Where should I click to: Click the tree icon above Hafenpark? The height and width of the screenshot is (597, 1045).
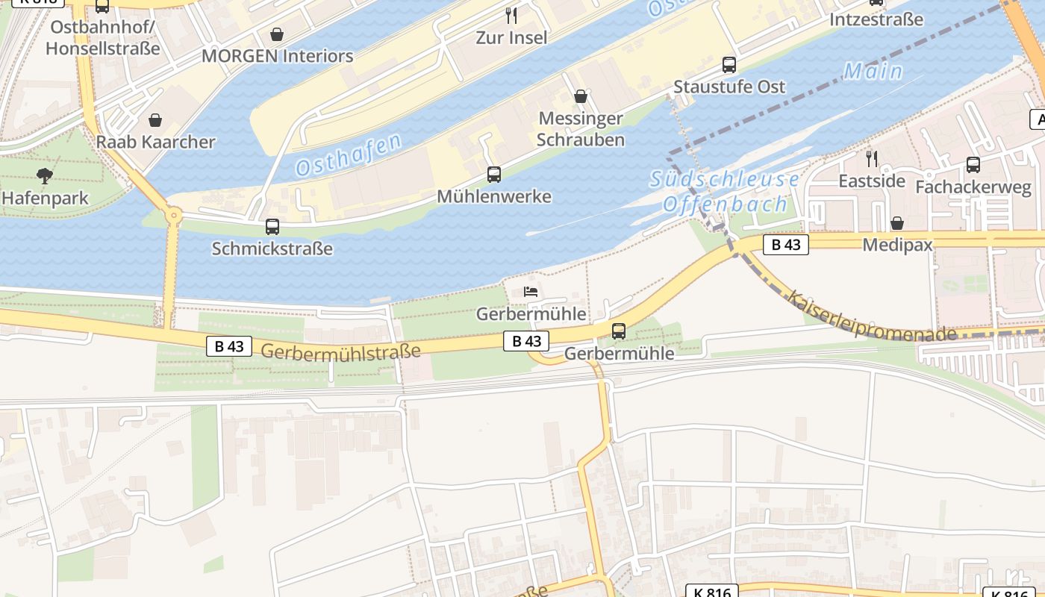point(44,176)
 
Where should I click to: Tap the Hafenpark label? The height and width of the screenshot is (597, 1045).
point(45,199)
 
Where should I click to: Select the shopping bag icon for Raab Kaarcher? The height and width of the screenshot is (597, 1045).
point(155,120)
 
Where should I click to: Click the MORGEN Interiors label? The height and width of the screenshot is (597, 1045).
point(277,56)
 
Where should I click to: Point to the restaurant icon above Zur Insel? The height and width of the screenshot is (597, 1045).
point(511,16)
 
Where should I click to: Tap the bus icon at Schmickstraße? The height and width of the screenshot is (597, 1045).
point(272,227)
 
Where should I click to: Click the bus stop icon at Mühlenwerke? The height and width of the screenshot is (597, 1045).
point(494,175)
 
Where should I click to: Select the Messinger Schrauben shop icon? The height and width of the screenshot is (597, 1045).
point(581,96)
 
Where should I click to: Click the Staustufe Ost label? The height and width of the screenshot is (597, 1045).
point(729,87)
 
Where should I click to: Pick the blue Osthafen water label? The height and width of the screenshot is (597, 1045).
point(349,154)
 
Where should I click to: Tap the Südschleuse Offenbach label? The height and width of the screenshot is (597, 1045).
point(724,192)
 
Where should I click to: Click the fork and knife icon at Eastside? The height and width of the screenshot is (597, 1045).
point(871,158)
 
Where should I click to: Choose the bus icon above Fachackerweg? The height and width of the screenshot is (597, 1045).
point(973,165)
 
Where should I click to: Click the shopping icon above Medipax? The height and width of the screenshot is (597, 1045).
point(897,223)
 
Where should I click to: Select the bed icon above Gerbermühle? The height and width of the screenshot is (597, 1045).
point(531,291)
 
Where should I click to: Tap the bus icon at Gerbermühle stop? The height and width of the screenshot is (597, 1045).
point(619,331)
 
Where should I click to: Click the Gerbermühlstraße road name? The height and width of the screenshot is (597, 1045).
point(340,351)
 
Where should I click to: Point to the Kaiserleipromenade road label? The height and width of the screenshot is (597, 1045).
point(871,316)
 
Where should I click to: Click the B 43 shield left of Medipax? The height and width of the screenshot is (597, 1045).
point(785,245)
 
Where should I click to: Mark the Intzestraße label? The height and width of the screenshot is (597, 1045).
point(876,19)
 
